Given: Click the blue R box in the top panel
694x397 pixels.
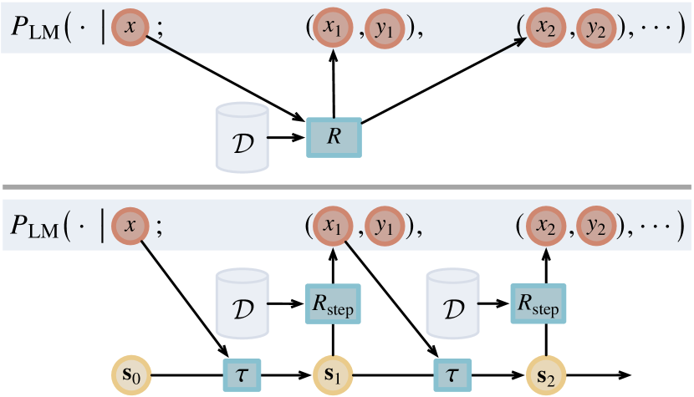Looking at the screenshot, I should (334, 137).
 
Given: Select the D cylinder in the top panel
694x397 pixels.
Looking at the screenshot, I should (242, 135).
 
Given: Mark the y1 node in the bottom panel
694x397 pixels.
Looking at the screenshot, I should (385, 226).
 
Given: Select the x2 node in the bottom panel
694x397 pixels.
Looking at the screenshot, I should (545, 226).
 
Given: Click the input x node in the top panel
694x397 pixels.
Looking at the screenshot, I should (128, 27).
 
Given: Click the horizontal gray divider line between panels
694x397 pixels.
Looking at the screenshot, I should (347, 186).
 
